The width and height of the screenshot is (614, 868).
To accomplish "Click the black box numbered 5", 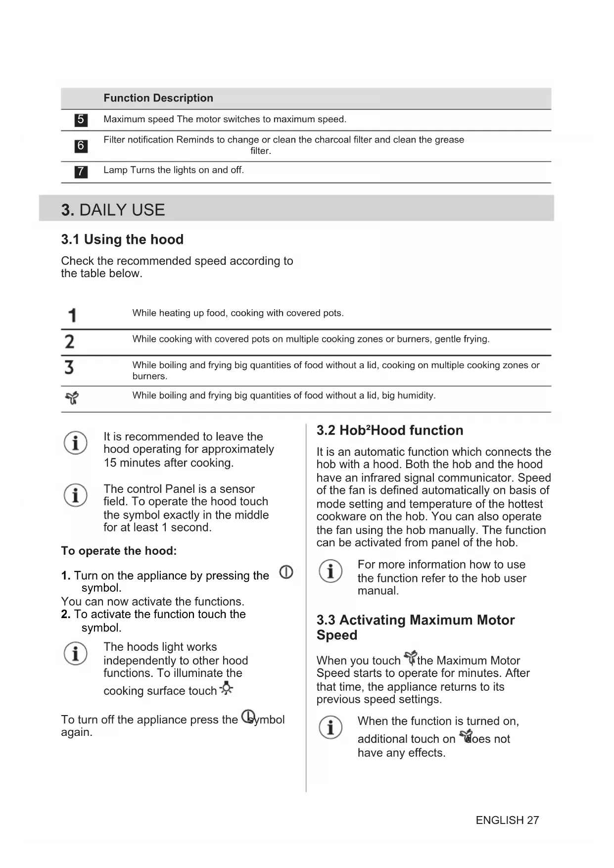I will coord(81,120).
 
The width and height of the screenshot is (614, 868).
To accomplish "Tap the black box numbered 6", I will coord(81,146).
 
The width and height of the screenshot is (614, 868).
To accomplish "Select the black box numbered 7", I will coord(81,172).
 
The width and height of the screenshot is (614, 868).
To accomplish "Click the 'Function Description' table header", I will coord(158,98).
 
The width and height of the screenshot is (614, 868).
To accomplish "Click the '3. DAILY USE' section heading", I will coord(113,210).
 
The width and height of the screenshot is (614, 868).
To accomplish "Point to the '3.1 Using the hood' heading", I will coord(122,240).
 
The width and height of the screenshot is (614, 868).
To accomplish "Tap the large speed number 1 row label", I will coord(72,315).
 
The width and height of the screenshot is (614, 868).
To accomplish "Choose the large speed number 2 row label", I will coord(70,341).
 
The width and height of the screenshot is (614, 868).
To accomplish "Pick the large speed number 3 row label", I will coord(69,367).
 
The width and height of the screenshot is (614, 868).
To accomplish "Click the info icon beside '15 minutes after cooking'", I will coord(76,442).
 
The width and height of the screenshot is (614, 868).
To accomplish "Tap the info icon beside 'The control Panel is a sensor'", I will coord(76,495).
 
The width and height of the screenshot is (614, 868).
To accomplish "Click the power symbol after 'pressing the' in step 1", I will coord(286,572).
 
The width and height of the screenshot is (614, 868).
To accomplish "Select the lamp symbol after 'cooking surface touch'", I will coord(226,688).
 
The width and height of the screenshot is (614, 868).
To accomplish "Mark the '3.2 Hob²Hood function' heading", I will coord(390,431).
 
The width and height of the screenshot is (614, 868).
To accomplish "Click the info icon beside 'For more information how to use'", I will coord(331,571).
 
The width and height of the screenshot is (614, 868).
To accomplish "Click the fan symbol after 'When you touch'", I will coord(410,658).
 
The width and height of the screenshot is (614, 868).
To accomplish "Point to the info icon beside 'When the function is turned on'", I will coord(331,727).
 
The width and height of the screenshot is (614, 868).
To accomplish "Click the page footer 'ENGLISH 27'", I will coord(507,820).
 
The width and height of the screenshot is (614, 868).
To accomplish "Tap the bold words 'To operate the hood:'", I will coord(119,551).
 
